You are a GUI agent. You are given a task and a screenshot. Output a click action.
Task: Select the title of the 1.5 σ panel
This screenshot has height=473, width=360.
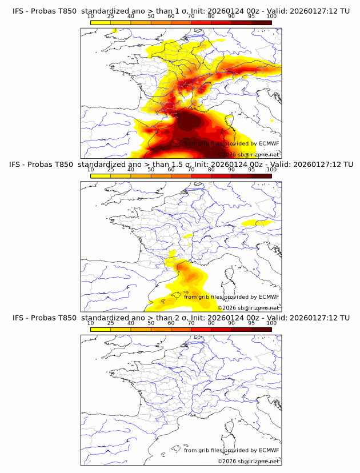[x=181, y=165]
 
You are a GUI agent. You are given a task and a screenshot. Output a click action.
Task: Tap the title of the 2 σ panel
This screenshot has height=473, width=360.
[x=181, y=318]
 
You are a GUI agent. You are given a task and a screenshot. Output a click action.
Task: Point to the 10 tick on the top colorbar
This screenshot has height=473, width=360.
[x=91, y=17]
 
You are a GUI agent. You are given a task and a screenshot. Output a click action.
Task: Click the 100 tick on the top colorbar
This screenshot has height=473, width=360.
[x=271, y=17]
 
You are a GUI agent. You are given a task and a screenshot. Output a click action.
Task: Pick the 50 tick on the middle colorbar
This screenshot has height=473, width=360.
[x=151, y=170]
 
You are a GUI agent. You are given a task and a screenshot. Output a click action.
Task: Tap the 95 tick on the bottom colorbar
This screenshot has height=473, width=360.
[x=251, y=323]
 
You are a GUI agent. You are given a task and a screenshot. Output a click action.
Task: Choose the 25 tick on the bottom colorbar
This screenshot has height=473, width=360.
[x=111, y=323]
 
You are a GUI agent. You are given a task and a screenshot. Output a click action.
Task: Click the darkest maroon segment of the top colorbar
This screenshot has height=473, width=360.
[x=261, y=22]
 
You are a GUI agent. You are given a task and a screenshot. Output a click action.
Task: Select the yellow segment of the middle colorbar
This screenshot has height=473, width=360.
[x=101, y=175]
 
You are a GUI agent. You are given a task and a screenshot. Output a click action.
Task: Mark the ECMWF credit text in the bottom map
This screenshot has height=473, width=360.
[x=231, y=450]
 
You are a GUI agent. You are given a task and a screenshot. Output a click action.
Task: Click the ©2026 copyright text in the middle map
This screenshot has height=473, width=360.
[x=248, y=308]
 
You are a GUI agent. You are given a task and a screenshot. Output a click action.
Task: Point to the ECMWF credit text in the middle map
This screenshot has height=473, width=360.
[x=231, y=297]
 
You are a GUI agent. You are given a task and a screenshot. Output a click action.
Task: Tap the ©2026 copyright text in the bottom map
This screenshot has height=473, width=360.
[x=248, y=461]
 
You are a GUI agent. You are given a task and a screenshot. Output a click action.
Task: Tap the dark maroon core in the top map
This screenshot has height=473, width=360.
[x=191, y=121]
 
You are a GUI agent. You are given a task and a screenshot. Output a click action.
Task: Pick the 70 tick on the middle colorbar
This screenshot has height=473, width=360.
[x=191, y=170]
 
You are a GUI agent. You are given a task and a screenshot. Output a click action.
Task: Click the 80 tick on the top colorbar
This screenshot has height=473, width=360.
[x=211, y=17]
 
